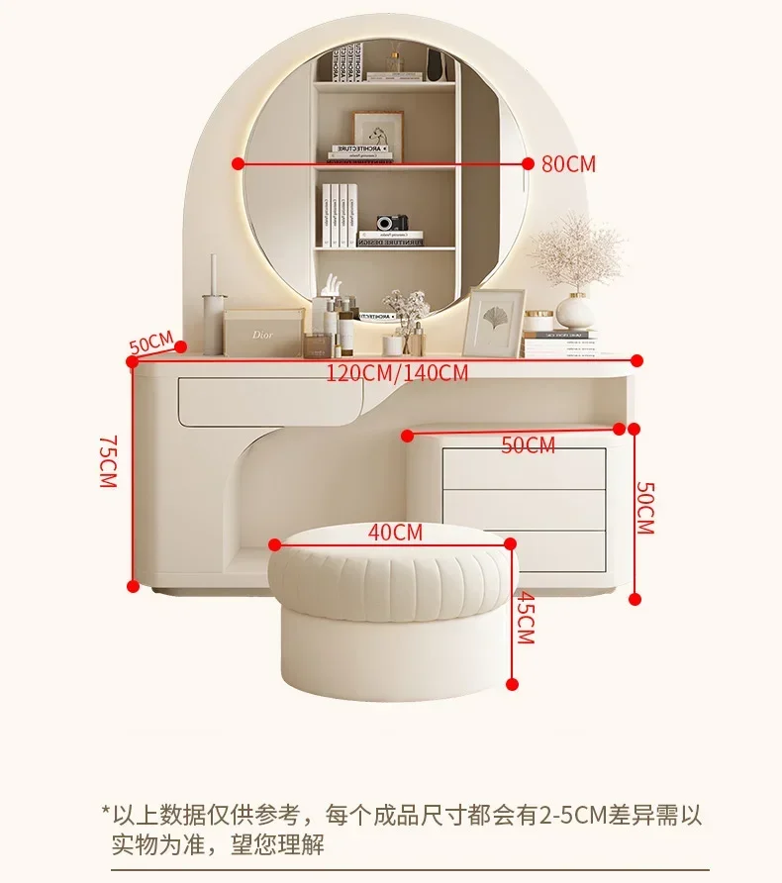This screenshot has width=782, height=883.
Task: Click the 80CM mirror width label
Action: coord(568,164)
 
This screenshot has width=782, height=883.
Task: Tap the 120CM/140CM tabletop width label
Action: coord(397,373)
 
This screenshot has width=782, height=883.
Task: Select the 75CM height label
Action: coord(108,460)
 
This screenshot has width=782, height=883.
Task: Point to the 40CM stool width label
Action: coord(395,532)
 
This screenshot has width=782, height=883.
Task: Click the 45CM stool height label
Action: coord(525,619)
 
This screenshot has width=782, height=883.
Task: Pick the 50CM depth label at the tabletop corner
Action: coord(150,344)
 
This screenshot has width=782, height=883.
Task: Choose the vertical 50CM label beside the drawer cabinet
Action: coord(644,508)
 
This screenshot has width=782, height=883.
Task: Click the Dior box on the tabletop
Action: coord(262,334)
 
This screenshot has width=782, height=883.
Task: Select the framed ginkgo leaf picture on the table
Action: coord(493,323)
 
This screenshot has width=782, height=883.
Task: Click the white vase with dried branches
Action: coord(573,309)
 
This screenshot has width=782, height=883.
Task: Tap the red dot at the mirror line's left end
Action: coord(238,164)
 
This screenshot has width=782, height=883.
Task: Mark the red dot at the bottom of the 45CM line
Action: coord(513,683)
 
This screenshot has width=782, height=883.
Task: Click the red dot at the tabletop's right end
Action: coord(636,360)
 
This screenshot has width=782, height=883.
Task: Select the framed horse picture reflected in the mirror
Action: coord(378,133)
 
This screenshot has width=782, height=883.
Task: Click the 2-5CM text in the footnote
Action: coord(570,815)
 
